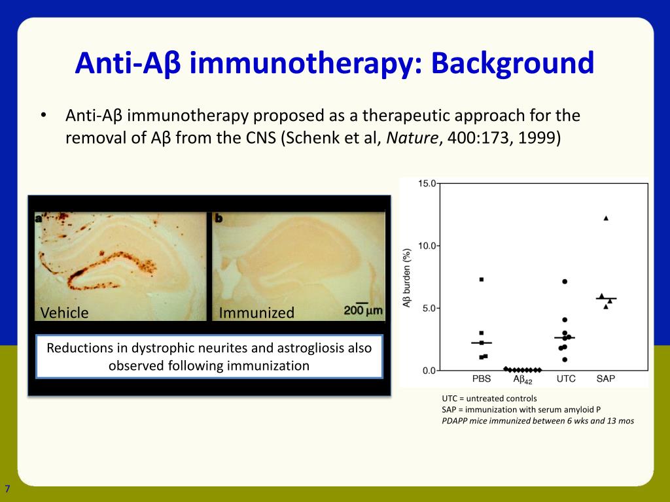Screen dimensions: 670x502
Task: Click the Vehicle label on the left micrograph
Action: [x=64, y=313]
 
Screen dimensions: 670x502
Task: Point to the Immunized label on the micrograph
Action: [x=256, y=313]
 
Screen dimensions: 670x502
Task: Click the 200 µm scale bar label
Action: [x=362, y=310]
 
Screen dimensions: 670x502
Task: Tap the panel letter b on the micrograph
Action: [x=219, y=218]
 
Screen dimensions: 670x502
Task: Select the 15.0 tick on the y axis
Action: [x=427, y=184]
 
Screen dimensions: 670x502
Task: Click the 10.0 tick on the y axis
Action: [x=427, y=246]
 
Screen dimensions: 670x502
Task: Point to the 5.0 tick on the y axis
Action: [x=429, y=309]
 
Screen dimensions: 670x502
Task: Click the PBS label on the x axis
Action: [x=481, y=378]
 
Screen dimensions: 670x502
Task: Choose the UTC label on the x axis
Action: [x=566, y=378]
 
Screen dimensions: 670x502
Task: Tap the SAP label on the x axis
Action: [x=605, y=378]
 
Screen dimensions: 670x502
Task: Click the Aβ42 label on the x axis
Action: [x=523, y=380]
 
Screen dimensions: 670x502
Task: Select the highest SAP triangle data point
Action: [x=606, y=218]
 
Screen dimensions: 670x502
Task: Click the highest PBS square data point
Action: [x=482, y=280]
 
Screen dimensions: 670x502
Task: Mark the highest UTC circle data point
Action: [x=565, y=282]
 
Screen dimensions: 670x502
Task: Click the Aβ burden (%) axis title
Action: [x=407, y=278]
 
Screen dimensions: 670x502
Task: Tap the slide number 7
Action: [x=7, y=489]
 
